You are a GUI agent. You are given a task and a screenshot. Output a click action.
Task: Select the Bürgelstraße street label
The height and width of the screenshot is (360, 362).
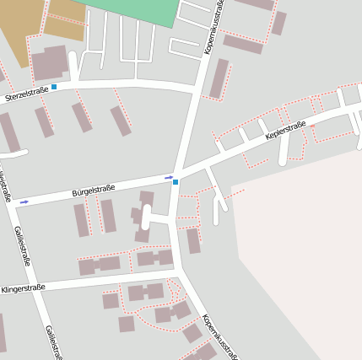(x=94, y=189)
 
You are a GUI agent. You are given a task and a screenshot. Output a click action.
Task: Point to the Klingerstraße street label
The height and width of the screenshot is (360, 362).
(x=24, y=288)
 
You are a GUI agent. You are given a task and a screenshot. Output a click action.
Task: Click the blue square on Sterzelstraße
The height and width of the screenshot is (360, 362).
(x=54, y=87)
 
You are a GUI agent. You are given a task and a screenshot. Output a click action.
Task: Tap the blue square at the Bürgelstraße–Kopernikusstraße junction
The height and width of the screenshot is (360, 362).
(x=176, y=181)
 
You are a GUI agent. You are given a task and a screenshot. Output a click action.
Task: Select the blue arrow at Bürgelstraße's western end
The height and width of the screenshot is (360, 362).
(x=24, y=201)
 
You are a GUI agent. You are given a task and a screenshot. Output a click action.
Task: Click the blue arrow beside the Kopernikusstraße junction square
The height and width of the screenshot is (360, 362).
(x=169, y=177)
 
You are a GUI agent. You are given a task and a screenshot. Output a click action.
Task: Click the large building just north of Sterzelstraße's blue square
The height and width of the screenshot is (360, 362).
(x=50, y=63)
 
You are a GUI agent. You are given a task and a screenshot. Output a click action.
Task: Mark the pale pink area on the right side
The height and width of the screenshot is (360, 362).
(x=304, y=253)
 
